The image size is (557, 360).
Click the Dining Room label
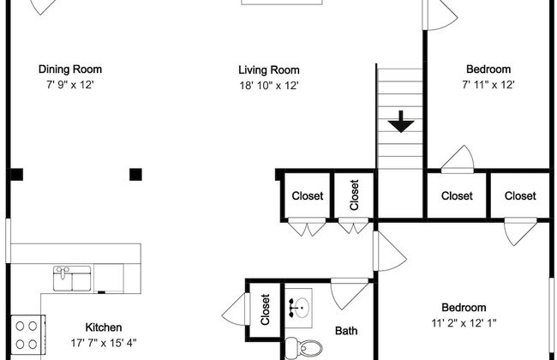[x=70, y=69]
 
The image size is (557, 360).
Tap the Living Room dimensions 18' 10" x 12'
[x=269, y=86]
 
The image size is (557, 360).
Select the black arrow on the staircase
[x=401, y=122]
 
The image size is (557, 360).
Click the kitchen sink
[x=72, y=279]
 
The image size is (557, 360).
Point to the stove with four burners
[x=28, y=335]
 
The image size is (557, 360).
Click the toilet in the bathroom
[x=304, y=347]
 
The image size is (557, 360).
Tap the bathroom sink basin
[x=299, y=308]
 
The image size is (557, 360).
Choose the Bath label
[x=346, y=331]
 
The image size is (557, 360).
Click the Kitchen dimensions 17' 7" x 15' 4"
[x=104, y=343]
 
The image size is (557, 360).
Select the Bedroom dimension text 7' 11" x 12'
[x=488, y=85]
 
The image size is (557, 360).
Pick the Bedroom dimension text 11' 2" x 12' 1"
[x=464, y=323]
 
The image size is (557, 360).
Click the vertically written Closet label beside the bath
[x=266, y=309]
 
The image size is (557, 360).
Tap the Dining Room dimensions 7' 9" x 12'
[x=70, y=85]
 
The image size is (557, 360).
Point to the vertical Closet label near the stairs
[x=354, y=195]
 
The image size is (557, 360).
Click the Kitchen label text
[x=104, y=327]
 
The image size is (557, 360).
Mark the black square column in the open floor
[x=135, y=175]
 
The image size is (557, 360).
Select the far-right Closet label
[x=520, y=195]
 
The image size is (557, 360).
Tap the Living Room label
[x=269, y=69]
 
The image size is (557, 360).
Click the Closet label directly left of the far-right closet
[x=457, y=195]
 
